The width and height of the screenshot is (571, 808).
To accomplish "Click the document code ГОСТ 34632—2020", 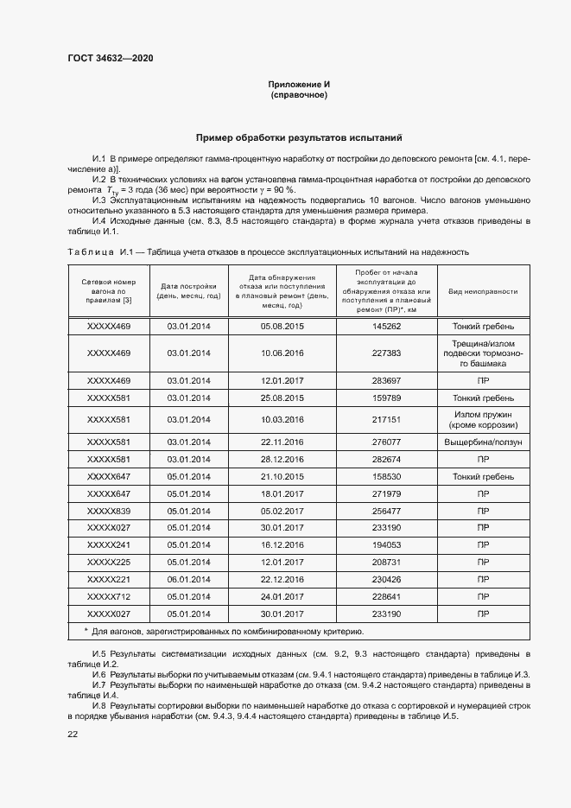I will (x=111, y=59).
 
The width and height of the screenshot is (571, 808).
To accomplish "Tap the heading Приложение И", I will (x=298, y=84).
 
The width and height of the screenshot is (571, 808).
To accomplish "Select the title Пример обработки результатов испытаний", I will (x=298, y=137).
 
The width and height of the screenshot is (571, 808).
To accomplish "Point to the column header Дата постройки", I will (x=188, y=291).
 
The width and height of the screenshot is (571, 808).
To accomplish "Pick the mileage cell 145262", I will (x=387, y=326).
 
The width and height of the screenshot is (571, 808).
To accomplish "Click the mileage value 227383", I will (x=387, y=353).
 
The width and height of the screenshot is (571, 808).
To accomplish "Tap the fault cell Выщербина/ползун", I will (x=482, y=442).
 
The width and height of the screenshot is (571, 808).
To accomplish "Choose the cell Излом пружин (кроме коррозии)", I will (x=482, y=420).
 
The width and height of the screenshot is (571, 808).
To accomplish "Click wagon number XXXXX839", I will (x=109, y=511).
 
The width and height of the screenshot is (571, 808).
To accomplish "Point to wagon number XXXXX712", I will (x=109, y=595).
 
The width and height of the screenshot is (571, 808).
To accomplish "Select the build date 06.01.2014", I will (x=188, y=579).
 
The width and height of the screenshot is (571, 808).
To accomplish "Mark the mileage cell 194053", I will (x=387, y=545).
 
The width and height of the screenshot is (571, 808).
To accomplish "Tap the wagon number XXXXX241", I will (x=109, y=545).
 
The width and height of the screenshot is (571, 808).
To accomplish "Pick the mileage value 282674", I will (x=387, y=459).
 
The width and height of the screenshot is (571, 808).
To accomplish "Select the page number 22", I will (x=73, y=734).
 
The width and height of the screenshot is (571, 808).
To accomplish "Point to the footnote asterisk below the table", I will (x=86, y=631).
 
